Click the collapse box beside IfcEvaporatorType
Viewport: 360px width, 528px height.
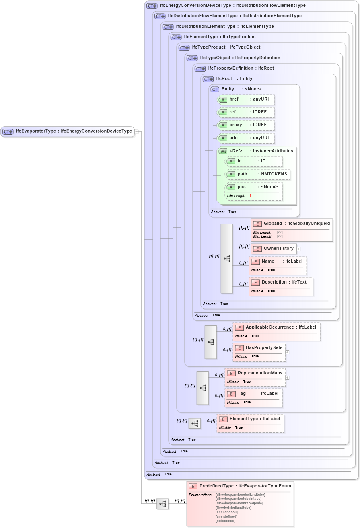137,131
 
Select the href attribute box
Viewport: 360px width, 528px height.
245,99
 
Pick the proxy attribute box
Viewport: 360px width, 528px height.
245,125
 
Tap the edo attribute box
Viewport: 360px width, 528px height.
245,138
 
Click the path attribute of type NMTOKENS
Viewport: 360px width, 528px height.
257,174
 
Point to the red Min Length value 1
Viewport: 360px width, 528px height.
250,196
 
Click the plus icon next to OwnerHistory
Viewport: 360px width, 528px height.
298,249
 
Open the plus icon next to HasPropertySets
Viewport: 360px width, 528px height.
287,352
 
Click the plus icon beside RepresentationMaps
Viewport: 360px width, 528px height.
287,378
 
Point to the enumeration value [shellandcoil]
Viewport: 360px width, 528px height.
226,512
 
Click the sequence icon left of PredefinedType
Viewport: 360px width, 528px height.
163,503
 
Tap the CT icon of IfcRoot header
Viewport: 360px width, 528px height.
208,79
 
